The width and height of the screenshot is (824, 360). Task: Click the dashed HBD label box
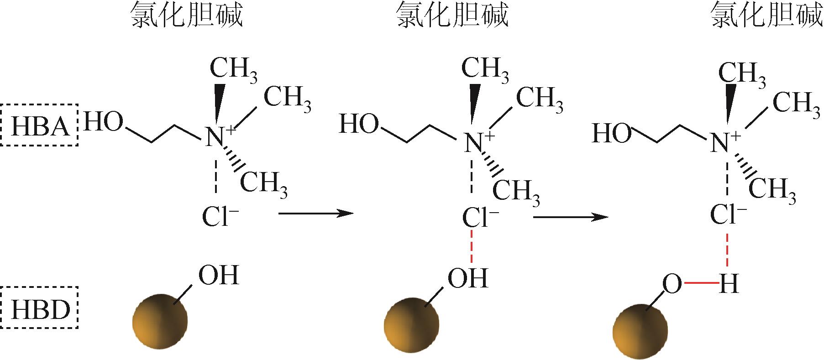[x=40, y=308]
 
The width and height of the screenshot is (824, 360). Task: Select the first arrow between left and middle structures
[x=315, y=213]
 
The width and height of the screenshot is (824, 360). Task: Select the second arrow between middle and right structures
[x=570, y=217]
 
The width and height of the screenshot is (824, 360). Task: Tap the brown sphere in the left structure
[x=160, y=321]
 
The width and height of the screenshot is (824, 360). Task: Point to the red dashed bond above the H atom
[x=727, y=250]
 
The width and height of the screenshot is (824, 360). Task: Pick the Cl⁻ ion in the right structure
[x=729, y=214]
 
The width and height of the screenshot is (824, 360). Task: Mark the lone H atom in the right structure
[x=728, y=285]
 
